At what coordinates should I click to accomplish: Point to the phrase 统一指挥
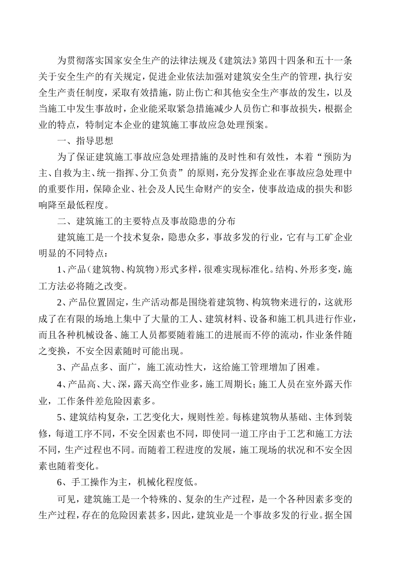click(123, 173)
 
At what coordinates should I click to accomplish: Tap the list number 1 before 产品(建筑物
click(59, 269)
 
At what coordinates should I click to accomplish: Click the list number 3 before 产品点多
click(59, 367)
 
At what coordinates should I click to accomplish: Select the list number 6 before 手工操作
click(59, 481)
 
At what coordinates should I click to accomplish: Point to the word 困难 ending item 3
click(306, 367)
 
